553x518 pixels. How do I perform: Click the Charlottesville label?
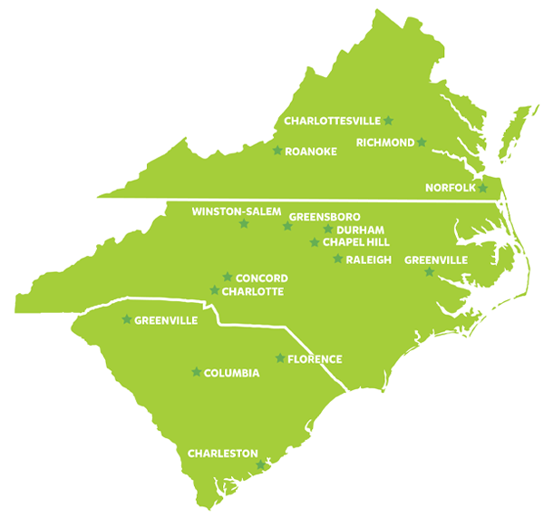[x=332, y=121]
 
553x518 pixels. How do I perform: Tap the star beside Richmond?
[x=422, y=142]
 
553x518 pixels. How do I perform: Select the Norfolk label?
[x=450, y=189]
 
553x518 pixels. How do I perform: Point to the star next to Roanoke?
[x=277, y=150]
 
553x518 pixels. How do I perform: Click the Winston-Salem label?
[x=237, y=211]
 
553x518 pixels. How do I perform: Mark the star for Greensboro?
[x=286, y=226]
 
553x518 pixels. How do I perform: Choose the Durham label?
[x=361, y=230]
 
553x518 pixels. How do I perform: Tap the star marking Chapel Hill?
[x=315, y=242]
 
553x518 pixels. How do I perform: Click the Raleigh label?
[x=368, y=259]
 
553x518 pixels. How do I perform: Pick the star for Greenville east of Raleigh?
[x=429, y=271]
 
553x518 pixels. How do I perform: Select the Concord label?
[x=261, y=279]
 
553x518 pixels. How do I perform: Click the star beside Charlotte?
[x=215, y=290]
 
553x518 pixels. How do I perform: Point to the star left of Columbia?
[x=196, y=371]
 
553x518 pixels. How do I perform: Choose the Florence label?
[x=315, y=359]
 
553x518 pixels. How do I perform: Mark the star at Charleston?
[x=261, y=464]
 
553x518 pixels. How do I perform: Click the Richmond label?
[x=385, y=142]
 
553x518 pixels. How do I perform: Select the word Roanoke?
[x=310, y=151]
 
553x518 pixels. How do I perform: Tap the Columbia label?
[x=232, y=373]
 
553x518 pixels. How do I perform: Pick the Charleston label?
[x=222, y=453]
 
